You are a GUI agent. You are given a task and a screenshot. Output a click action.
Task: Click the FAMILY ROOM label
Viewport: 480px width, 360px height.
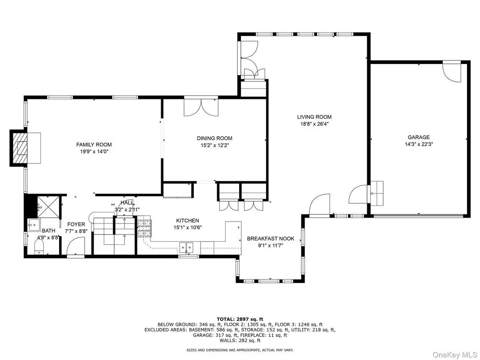pyautogui.click(x=94, y=145)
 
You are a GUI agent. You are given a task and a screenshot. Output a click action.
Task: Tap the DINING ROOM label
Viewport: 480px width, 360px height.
pyautogui.click(x=214, y=138)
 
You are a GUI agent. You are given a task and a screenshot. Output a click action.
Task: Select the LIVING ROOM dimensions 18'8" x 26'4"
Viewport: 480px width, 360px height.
pyautogui.click(x=314, y=124)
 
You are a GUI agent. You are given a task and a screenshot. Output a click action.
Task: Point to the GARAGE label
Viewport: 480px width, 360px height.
pyautogui.click(x=419, y=137)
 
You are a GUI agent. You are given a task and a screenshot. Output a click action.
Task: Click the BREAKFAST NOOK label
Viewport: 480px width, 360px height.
pyautogui.click(x=270, y=239)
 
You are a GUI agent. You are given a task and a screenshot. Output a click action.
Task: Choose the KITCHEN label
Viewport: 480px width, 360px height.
pyautogui.click(x=188, y=220)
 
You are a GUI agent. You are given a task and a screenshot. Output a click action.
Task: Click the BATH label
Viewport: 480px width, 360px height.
pyautogui.click(x=49, y=231)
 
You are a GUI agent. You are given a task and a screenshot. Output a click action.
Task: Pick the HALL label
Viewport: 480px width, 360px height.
pyautogui.click(x=127, y=203)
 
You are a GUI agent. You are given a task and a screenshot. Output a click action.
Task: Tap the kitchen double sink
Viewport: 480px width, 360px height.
pyautogui.click(x=186, y=247)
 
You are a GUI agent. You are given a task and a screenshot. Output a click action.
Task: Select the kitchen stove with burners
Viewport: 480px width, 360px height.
pyautogui.click(x=144, y=228)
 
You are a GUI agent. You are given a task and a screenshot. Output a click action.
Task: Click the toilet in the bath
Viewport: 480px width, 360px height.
pyautogui.click(x=39, y=246)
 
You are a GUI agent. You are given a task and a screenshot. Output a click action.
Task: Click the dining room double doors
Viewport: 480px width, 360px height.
pyautogui.click(x=201, y=108)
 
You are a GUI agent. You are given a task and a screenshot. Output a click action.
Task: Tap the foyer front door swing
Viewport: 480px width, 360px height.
pyautogui.click(x=75, y=247)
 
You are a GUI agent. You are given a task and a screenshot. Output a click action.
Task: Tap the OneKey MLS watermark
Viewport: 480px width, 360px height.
pyautogui.click(x=455, y=355)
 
